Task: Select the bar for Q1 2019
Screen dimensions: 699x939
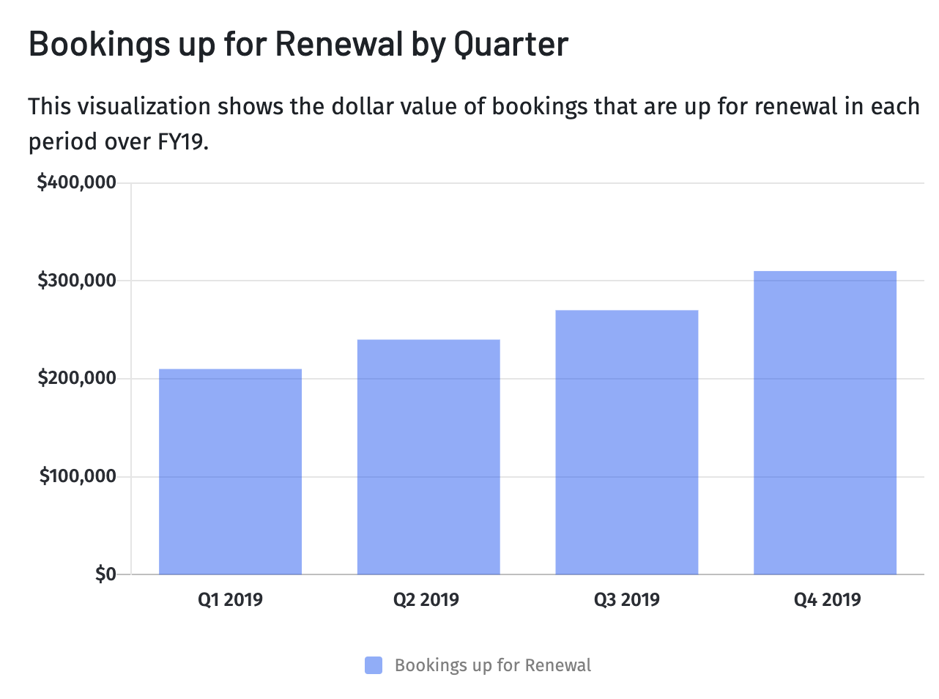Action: click(230, 472)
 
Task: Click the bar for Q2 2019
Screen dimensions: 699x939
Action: click(428, 457)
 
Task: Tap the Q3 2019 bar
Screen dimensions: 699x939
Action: click(627, 443)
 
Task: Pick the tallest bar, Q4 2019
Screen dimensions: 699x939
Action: click(825, 423)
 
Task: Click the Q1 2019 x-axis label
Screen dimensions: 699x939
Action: click(230, 600)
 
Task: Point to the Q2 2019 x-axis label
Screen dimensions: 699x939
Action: click(426, 600)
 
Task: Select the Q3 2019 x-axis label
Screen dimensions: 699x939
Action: click(627, 600)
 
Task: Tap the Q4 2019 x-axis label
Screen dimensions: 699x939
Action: click(827, 600)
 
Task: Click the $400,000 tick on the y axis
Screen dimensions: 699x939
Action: click(77, 182)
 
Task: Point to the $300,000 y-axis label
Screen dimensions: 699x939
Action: click(77, 281)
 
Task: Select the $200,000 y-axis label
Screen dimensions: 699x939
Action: click(77, 379)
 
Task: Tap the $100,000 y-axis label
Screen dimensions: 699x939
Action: click(78, 477)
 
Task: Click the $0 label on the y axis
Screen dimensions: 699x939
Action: click(105, 574)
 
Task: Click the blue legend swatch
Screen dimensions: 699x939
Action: click(374, 665)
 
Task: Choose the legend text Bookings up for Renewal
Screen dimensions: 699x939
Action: click(492, 665)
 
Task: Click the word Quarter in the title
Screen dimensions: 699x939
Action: click(511, 45)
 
